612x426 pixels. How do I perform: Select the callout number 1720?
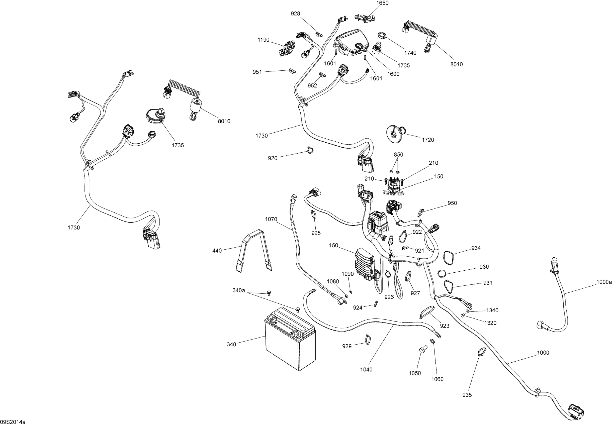point(428,140)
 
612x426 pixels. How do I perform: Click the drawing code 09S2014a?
point(13,422)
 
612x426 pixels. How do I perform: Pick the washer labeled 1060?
point(432,341)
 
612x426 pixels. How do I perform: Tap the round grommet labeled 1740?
point(382,35)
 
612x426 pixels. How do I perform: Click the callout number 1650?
point(382,3)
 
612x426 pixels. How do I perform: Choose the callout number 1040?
point(366,370)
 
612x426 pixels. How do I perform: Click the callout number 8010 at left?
point(224,121)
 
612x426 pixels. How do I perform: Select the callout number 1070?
point(271,219)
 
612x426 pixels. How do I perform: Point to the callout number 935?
point(467,395)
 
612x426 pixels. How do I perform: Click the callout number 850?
point(398,155)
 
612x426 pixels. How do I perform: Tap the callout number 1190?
point(263,40)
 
